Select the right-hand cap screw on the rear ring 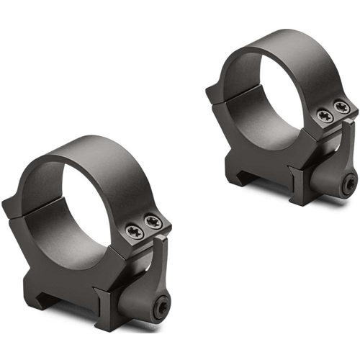tap(343, 108)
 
